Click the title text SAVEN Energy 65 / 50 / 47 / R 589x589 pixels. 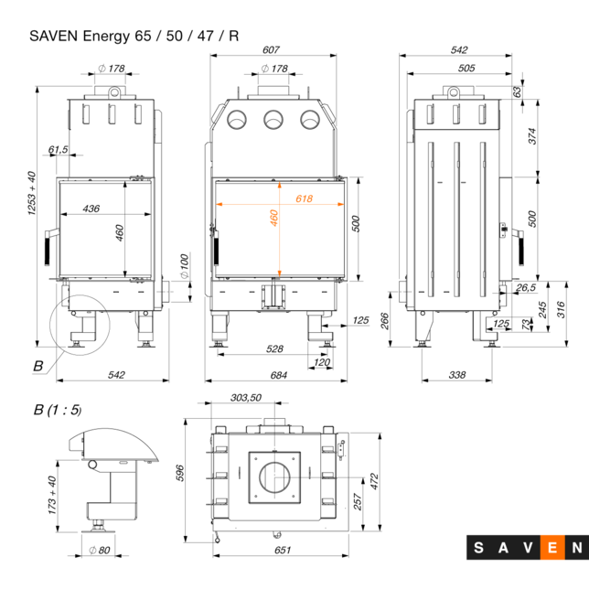pos(134,37)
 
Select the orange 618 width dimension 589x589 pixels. pos(304,198)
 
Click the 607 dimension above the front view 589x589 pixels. pos(270,50)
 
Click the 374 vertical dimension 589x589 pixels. pos(531,136)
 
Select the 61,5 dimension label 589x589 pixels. pos(59,149)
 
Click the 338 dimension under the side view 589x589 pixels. pos(458,376)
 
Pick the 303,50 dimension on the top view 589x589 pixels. pos(245,398)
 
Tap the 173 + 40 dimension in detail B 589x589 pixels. pos(52,495)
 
